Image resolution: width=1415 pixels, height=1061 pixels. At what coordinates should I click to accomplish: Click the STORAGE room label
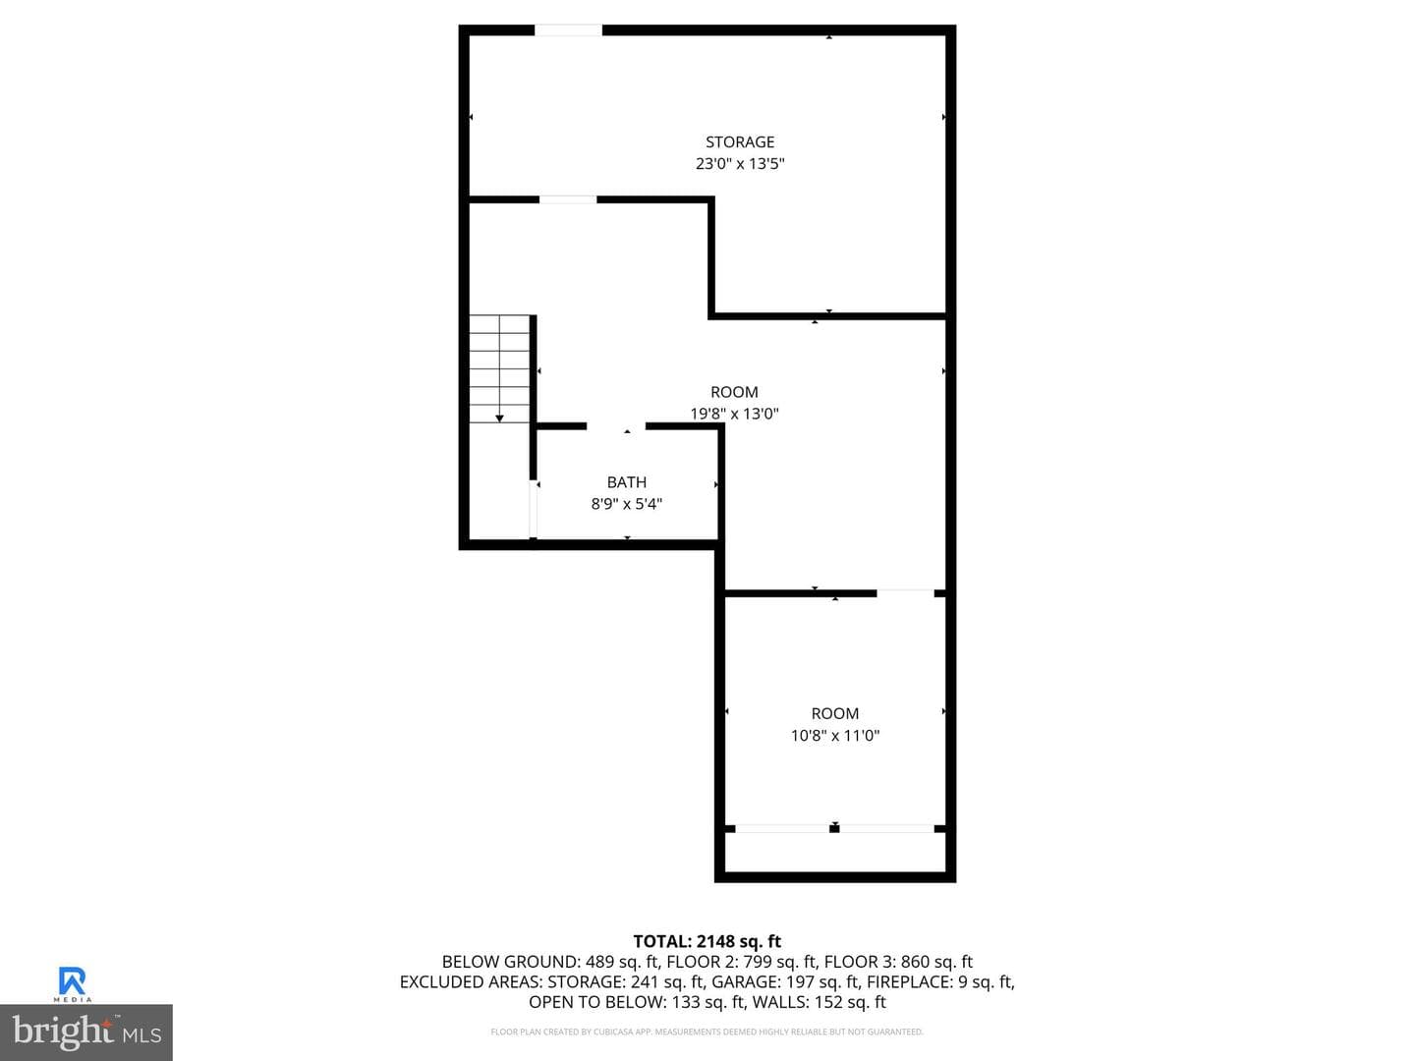point(739,141)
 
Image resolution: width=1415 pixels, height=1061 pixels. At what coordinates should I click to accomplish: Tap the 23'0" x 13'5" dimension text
point(739,164)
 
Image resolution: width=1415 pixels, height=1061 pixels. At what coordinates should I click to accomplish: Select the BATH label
point(626,481)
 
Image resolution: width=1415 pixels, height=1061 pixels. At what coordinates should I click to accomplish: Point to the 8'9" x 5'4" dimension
point(626,504)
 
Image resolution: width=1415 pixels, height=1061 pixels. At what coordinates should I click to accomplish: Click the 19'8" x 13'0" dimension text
point(734,414)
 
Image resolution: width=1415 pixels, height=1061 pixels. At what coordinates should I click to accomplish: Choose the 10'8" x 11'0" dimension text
point(835,735)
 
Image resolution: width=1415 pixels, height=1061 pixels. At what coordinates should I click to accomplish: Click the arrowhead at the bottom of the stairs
point(499,419)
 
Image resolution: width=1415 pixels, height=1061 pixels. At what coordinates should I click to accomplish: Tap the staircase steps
point(499,369)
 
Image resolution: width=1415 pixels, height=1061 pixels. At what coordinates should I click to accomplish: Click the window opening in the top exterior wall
point(568,29)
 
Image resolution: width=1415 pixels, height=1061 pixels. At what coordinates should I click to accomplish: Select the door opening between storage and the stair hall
point(567,199)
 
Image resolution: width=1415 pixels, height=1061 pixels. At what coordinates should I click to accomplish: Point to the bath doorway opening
point(616,425)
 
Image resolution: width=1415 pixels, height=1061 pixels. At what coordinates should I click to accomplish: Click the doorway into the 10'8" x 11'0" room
point(905,592)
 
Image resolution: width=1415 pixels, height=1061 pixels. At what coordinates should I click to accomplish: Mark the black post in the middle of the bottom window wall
point(834,828)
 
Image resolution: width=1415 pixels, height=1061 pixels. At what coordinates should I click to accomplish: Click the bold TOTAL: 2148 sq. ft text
point(707,941)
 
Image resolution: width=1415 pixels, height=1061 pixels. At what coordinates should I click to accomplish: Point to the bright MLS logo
point(86,1032)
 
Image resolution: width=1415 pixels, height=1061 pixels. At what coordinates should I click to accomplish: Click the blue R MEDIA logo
point(72,983)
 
